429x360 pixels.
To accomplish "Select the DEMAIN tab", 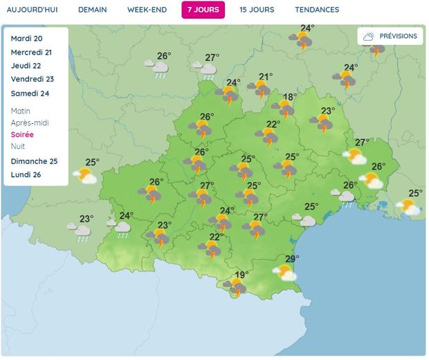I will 92,10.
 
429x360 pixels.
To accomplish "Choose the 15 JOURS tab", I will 257,10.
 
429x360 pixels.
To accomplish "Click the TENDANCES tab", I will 317,10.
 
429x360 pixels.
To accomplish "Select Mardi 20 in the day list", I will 27,39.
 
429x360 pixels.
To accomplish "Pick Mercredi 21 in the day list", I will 32,52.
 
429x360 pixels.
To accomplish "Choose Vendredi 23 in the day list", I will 32,79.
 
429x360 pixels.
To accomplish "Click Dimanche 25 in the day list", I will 34,161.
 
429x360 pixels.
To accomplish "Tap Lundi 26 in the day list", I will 26,174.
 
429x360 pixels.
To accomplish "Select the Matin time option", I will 21,111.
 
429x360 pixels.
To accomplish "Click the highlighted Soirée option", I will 22,134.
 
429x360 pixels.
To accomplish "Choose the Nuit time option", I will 18,146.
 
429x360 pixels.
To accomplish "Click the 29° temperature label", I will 292,259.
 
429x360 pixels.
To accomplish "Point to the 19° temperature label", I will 241,275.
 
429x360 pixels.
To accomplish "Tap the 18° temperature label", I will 289,97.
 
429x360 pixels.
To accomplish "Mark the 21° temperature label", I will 266,77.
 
